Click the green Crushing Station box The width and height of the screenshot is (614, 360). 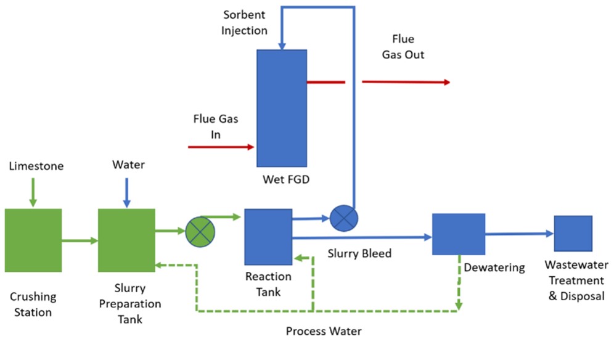click(x=33, y=240)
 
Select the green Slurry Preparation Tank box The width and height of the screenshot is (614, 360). click(x=126, y=240)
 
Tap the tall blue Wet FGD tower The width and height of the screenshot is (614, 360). click(x=282, y=108)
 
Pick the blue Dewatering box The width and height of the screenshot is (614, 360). click(x=458, y=234)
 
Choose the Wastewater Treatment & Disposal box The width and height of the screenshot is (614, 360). click(x=573, y=234)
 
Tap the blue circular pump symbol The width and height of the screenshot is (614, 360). click(x=344, y=218)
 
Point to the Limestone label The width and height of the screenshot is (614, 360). click(x=36, y=166)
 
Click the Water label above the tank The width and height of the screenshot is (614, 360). click(x=128, y=165)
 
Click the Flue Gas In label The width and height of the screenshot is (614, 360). click(x=216, y=126)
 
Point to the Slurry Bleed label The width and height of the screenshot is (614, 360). click(x=359, y=253)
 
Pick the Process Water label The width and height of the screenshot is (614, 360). click(x=324, y=331)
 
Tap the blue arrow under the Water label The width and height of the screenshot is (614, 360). click(x=126, y=192)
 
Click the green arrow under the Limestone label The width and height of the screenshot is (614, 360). click(x=33, y=192)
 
